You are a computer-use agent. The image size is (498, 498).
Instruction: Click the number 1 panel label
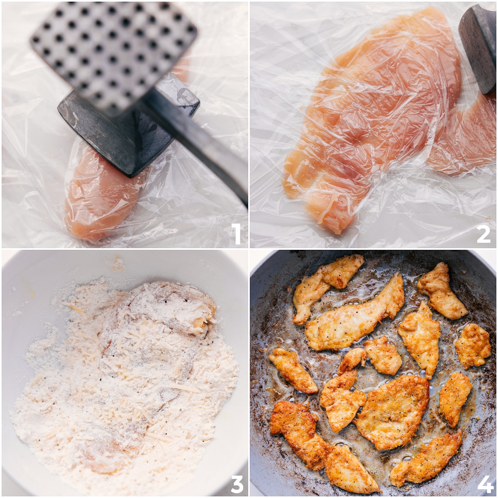[x=236, y=234]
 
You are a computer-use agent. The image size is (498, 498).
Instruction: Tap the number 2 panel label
[x=483, y=234]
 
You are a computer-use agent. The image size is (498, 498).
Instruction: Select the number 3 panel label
[x=237, y=483]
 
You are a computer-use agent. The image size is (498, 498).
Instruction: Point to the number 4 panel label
[x=485, y=483]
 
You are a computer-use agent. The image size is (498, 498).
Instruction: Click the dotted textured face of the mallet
[x=112, y=50]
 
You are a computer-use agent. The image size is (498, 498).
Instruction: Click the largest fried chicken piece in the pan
[x=392, y=411]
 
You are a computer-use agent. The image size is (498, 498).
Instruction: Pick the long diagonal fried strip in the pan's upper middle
[x=355, y=317]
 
